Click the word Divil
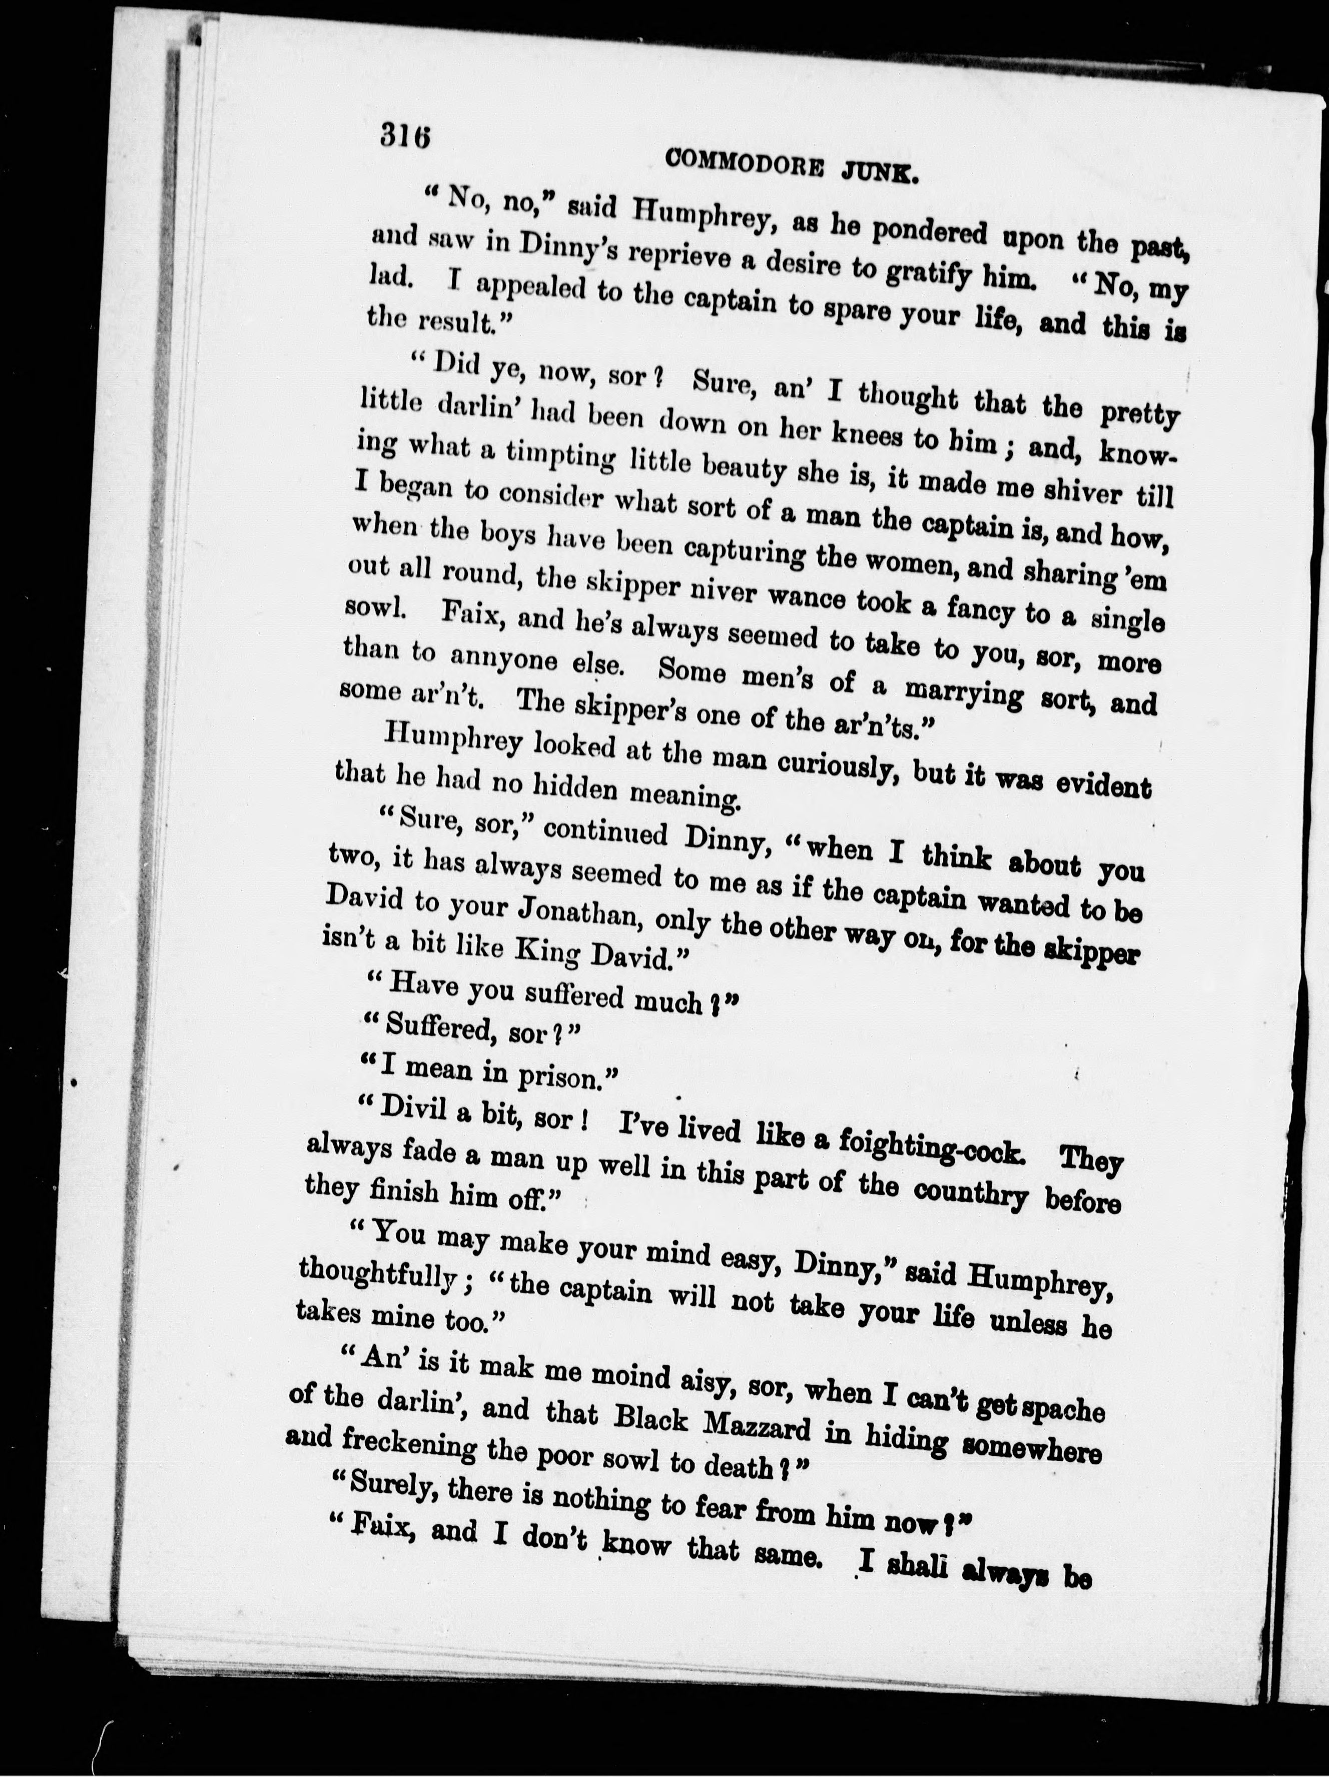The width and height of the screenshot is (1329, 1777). pos(409,1109)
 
